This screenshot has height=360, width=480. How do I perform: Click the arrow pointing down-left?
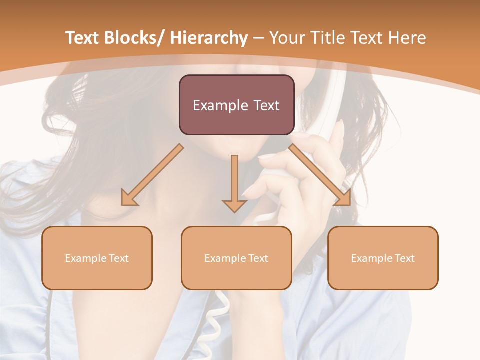tap(152, 175)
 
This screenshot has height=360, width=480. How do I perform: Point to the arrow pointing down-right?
tap(320, 175)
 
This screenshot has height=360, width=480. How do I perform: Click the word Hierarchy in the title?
tap(209, 38)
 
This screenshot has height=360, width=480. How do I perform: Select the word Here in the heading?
tap(408, 38)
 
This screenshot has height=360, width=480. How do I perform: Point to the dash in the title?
tap(258, 39)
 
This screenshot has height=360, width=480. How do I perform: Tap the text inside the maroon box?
tap(236, 105)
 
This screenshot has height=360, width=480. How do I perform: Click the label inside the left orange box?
tap(97, 258)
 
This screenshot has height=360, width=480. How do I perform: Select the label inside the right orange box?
tap(383, 258)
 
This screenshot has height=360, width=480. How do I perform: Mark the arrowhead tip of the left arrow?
tap(123, 204)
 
